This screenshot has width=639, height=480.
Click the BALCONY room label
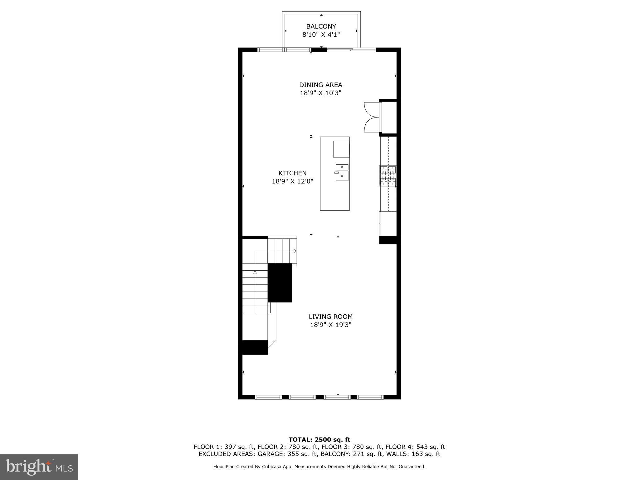[321, 27]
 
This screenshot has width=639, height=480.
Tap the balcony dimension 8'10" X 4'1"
[321, 35]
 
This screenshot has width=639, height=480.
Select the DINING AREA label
[320, 85]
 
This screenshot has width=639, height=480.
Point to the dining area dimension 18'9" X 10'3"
[320, 93]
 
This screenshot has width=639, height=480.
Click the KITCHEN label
[292, 173]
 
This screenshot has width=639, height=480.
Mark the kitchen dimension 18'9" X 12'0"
[292, 181]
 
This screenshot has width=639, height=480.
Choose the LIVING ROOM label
[330, 317]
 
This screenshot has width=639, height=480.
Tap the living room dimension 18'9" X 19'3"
[330, 325]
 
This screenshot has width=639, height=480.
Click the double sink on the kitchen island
[342, 172]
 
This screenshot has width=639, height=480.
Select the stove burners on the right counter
[388, 176]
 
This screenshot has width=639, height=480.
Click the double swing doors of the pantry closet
[371, 117]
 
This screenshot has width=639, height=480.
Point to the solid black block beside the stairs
[280, 283]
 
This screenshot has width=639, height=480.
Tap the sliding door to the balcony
[351, 49]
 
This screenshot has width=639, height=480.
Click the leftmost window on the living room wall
[268, 397]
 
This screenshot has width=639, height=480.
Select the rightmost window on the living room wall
[370, 397]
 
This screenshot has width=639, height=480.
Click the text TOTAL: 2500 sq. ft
[319, 440]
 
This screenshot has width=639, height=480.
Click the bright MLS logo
[39, 467]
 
